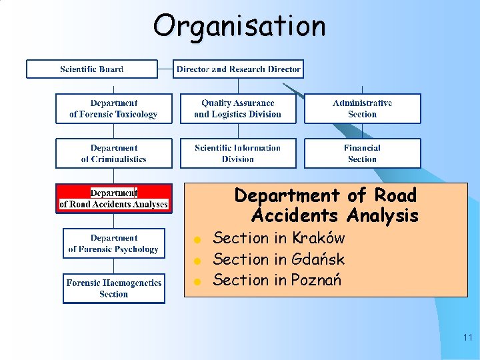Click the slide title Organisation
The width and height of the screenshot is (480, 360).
[x=239, y=27]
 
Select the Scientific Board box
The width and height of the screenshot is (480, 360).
[x=92, y=69]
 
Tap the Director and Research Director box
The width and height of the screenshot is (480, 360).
[x=238, y=69]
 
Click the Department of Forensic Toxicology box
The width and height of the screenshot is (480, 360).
[x=113, y=109]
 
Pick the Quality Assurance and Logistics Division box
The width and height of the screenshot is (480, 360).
[x=238, y=109]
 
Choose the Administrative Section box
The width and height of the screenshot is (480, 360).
[x=363, y=109]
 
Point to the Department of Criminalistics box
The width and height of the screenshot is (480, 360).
[x=113, y=153]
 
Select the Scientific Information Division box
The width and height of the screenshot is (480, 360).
[x=238, y=153]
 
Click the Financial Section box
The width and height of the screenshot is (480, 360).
[x=363, y=153]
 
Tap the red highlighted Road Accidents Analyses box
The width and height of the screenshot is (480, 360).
[x=113, y=198]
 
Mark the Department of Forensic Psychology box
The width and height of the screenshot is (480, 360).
[x=113, y=243]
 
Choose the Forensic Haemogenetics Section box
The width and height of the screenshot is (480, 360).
[x=113, y=288]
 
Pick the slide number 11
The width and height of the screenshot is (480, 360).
[x=467, y=338]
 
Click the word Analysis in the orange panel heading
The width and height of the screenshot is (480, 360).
[x=382, y=216]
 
